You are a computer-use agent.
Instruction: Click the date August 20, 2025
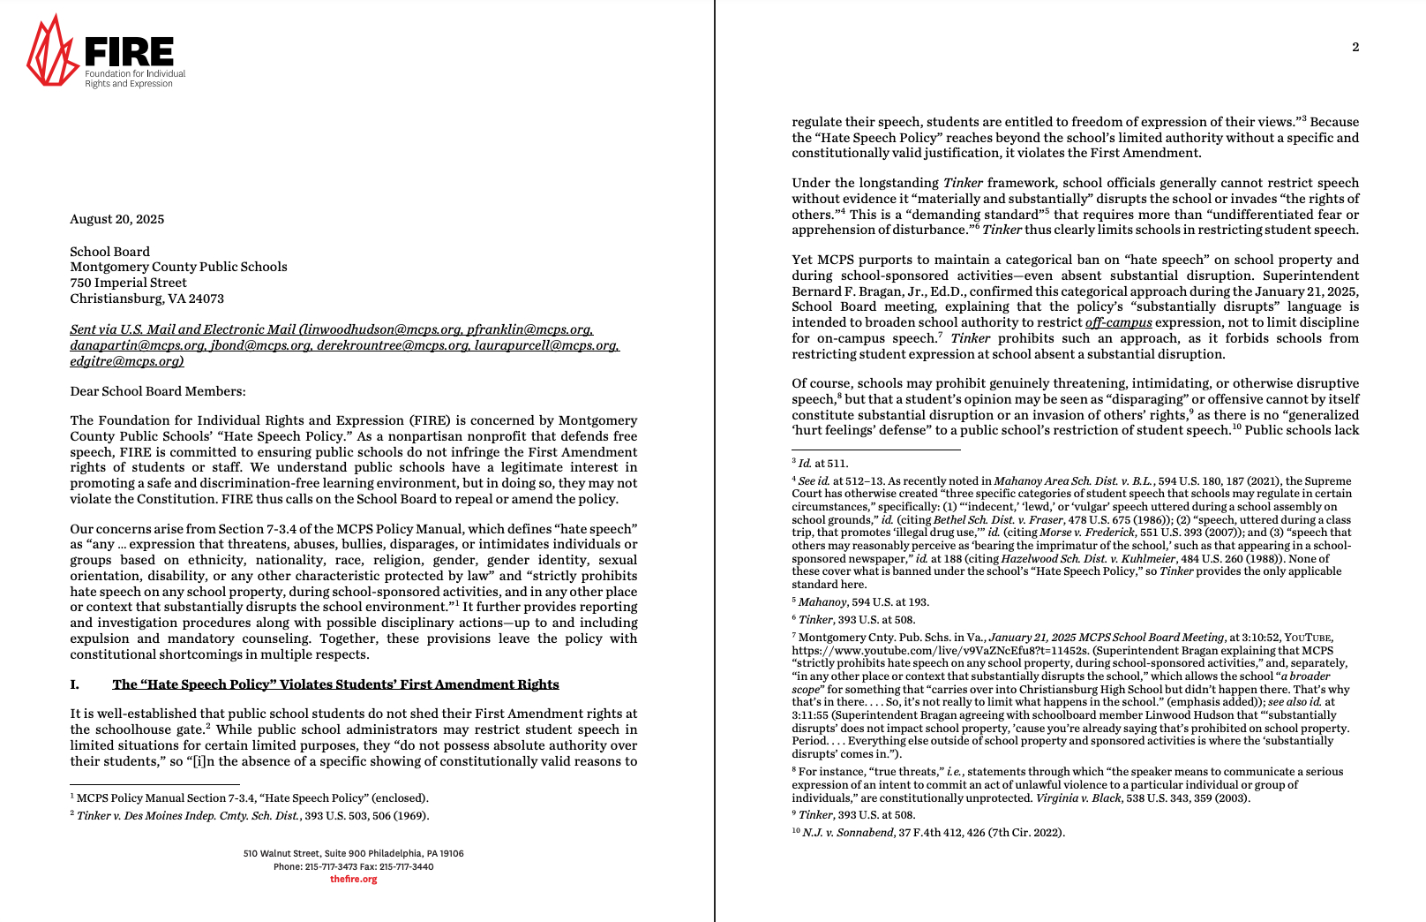click(116, 219)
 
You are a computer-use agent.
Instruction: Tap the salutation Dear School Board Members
click(158, 391)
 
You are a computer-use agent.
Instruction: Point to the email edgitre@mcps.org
click(126, 361)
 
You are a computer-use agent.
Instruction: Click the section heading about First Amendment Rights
click(335, 684)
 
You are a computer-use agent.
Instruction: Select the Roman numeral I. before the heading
click(74, 684)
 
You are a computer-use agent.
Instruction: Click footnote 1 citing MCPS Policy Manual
click(251, 798)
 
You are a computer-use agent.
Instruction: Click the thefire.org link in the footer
click(353, 880)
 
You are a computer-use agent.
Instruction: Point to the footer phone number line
click(353, 866)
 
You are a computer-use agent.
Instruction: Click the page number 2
click(1355, 48)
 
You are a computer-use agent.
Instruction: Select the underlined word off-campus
click(1118, 322)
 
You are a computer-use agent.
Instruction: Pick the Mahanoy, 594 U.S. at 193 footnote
click(863, 602)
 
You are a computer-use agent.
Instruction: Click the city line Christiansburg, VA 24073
click(146, 299)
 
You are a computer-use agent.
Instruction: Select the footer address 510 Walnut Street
click(353, 854)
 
